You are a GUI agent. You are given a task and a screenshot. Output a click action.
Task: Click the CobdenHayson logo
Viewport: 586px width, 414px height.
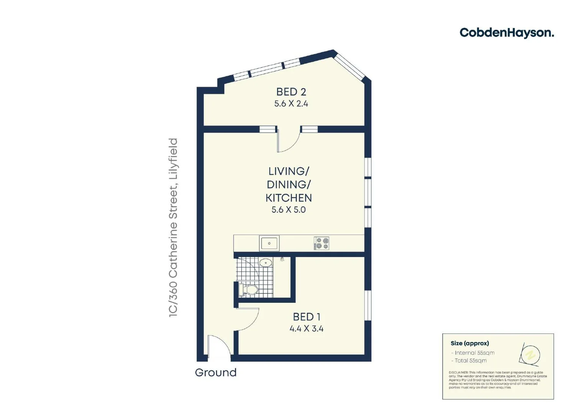[506, 33]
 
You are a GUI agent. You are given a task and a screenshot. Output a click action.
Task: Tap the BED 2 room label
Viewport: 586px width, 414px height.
[291, 92]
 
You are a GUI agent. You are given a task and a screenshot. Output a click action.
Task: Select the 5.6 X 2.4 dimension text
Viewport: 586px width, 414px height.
[291, 103]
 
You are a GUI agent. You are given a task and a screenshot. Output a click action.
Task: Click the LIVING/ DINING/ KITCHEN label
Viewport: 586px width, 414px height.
[289, 184]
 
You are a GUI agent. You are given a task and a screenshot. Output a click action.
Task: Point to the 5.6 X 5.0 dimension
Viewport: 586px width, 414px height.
[289, 210]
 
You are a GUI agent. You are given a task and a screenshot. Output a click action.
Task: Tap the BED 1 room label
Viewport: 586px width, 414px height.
[306, 317]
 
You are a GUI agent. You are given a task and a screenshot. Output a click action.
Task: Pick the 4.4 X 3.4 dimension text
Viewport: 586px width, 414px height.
[306, 329]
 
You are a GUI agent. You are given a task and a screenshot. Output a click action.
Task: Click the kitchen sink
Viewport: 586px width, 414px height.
[269, 243]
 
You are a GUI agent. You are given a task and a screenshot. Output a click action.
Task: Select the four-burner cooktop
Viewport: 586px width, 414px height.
[322, 243]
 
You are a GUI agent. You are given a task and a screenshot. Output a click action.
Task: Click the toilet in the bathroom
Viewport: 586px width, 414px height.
[248, 289]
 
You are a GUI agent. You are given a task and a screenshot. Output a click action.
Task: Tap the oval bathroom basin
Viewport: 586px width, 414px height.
[265, 263]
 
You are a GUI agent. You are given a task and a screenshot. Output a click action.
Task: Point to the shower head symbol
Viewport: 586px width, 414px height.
[282, 260]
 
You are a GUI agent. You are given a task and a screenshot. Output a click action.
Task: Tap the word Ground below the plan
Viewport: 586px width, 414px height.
[215, 373]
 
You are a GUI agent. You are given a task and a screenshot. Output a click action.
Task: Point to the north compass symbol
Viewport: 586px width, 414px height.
[530, 355]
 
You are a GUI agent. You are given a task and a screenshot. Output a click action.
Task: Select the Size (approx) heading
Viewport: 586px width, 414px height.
[469, 343]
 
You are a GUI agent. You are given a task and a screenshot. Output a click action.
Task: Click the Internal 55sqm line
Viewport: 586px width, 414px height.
[474, 353]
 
